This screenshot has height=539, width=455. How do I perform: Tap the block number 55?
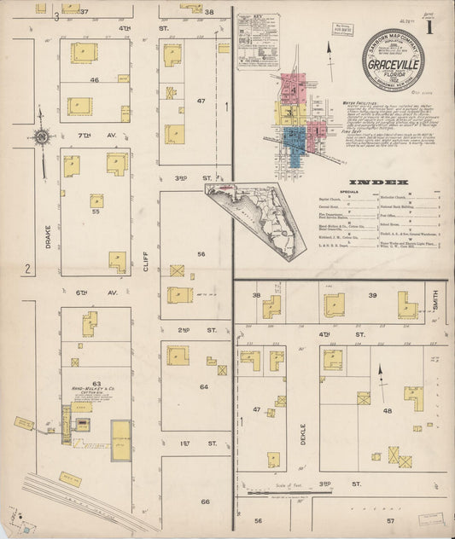coord(95,210)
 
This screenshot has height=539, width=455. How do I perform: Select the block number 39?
coord(371,295)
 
